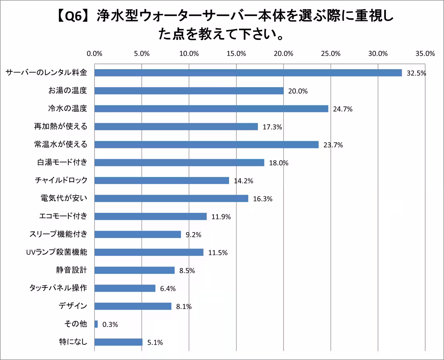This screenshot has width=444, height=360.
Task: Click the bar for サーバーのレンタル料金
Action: [x=248, y=73]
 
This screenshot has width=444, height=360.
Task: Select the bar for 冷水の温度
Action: [x=211, y=109]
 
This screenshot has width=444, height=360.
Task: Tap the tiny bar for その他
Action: [x=96, y=324]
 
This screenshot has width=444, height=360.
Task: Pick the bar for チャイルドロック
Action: [x=162, y=180]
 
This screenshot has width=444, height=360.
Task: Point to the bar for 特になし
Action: [x=118, y=342]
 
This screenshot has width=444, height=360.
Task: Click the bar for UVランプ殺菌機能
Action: [x=149, y=252]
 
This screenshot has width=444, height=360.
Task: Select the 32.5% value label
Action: [x=416, y=73]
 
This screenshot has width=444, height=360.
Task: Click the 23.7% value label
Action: [x=333, y=145]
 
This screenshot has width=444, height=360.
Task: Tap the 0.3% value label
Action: [x=110, y=325]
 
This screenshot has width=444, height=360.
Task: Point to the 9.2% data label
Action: [x=193, y=235]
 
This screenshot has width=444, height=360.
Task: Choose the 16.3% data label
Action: [x=263, y=199]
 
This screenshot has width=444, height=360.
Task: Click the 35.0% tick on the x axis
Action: [x=425, y=54]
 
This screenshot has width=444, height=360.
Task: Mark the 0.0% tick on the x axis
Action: [x=94, y=54]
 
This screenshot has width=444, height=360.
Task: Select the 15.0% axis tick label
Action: [x=236, y=54]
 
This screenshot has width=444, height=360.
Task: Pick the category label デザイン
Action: [x=73, y=306]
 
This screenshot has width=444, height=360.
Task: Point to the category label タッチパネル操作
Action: [x=58, y=288]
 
